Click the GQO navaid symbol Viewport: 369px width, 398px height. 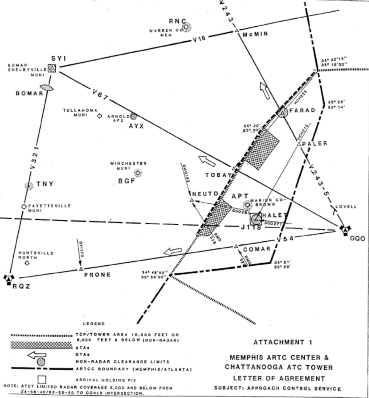(x=345, y=229)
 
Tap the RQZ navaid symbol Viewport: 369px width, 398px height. (x=9, y=279)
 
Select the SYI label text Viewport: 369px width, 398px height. (x=59, y=58)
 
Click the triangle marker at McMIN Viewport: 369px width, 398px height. (x=237, y=31)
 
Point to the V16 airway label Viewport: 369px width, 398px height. (x=199, y=39)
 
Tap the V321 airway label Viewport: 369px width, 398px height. (x=34, y=157)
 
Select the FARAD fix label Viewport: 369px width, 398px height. (x=302, y=111)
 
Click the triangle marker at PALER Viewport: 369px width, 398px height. (x=299, y=144)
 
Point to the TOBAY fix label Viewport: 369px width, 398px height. (x=218, y=175)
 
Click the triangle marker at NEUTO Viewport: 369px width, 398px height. (x=192, y=200)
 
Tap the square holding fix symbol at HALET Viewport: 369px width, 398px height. (x=256, y=219)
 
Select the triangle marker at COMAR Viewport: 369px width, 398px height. (x=236, y=247)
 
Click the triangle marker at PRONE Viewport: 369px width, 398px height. (x=81, y=269)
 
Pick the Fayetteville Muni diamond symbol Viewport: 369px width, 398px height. (x=24, y=206)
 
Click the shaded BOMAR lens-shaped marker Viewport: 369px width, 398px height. (x=47, y=88)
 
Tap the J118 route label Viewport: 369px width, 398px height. (x=251, y=227)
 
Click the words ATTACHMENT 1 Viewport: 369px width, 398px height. (x=283, y=342)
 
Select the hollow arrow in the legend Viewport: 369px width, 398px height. (x=37, y=355)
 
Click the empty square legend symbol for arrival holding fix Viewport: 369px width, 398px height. (x=42, y=380)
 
